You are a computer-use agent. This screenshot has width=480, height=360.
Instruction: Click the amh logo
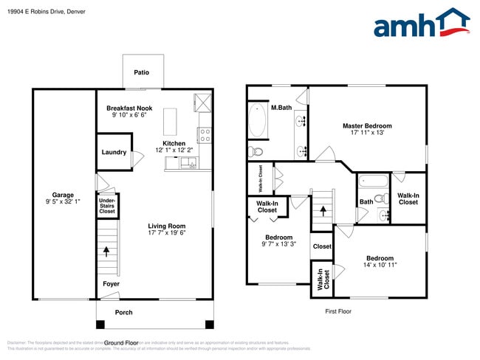pyautogui.click(x=421, y=24)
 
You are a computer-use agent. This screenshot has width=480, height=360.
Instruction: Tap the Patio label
pyautogui.click(x=142, y=73)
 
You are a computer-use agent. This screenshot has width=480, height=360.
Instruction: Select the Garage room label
pyautogui.click(x=63, y=195)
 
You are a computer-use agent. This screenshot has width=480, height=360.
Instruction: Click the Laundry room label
pyautogui.click(x=114, y=153)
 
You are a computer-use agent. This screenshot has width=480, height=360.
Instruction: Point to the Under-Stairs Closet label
pyautogui.click(x=107, y=205)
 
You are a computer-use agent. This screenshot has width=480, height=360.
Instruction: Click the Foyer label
pyautogui.click(x=111, y=283)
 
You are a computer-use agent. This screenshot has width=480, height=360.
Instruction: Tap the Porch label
pyautogui.click(x=124, y=312)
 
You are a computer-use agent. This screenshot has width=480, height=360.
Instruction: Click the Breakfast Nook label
pyautogui.click(x=129, y=108)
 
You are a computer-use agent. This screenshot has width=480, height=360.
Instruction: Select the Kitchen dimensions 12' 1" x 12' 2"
pyautogui.click(x=174, y=150)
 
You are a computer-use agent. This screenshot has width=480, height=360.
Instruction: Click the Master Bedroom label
pyautogui.click(x=367, y=126)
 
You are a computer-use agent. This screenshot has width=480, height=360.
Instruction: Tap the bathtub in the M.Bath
pyautogui.click(x=258, y=120)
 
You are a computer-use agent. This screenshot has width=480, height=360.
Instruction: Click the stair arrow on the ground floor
pyautogui.click(x=107, y=251)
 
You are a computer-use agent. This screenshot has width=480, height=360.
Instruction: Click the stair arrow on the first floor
pyautogui.click(x=322, y=210)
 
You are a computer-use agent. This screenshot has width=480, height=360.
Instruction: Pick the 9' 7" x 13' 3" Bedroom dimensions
pyautogui.click(x=278, y=244)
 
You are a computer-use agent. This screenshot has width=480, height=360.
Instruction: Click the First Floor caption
pyautogui.click(x=339, y=311)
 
